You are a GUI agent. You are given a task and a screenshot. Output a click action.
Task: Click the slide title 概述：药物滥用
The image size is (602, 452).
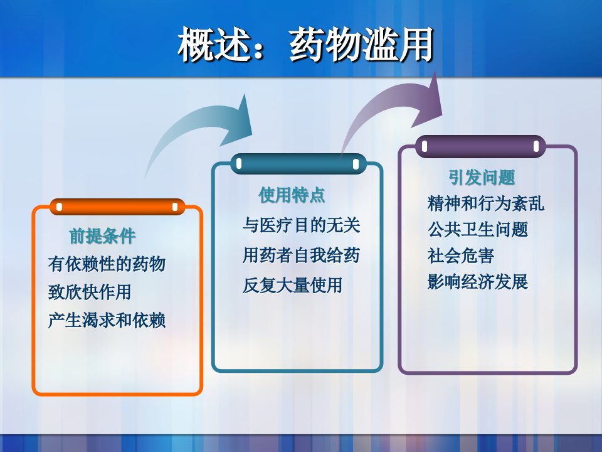305,45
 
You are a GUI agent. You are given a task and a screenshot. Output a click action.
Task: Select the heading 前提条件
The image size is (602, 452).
102,235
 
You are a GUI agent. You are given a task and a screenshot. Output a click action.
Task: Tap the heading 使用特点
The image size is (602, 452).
292,195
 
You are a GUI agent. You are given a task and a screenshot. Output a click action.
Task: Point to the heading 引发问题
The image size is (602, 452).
482,177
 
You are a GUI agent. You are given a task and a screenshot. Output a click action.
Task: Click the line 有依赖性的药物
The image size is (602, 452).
107,264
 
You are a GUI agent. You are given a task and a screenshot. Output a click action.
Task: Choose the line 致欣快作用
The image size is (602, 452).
90,292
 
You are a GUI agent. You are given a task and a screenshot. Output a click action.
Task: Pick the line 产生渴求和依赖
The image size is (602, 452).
107,320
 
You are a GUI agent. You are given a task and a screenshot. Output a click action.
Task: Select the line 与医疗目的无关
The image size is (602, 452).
302,225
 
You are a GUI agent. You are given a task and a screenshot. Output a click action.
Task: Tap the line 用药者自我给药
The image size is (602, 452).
302,255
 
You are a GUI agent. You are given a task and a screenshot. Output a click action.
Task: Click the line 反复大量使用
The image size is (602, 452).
293,285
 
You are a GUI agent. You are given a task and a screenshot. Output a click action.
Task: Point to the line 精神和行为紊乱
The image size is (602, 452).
485,203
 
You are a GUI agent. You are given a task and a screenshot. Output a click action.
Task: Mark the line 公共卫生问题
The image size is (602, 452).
478,230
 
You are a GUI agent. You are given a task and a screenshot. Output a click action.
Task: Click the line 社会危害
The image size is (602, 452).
460,256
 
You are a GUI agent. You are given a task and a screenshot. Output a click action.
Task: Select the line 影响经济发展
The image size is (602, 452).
478,282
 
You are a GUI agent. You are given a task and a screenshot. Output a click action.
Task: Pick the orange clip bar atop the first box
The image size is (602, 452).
117,207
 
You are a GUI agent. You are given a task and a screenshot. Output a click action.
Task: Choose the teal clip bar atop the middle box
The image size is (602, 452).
297,164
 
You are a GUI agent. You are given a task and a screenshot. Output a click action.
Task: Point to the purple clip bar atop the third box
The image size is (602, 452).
480,146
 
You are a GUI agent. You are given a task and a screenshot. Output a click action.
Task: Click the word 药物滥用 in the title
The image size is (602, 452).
362,45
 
